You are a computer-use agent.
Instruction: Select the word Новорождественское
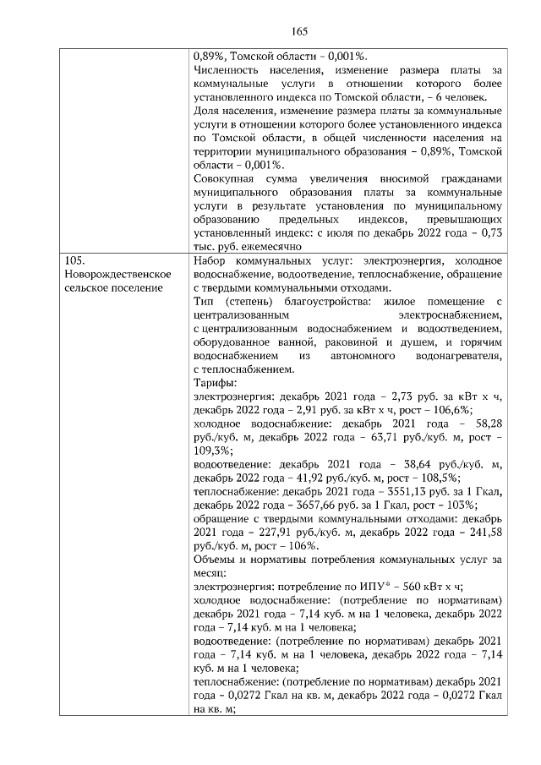point(117,275)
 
